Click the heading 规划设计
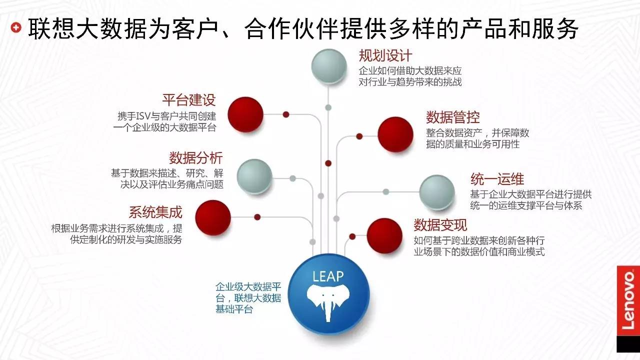(x=385, y=55)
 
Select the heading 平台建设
(x=189, y=99)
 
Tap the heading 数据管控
(x=452, y=117)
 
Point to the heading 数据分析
(x=196, y=158)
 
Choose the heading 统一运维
(x=497, y=178)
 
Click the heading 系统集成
(x=155, y=212)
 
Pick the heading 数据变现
(x=440, y=224)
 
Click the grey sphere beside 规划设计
(x=329, y=66)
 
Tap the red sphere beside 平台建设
(x=245, y=114)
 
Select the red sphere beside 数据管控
(x=395, y=134)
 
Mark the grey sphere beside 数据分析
(x=254, y=176)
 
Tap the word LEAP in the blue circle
(x=328, y=276)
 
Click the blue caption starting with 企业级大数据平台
(x=248, y=298)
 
